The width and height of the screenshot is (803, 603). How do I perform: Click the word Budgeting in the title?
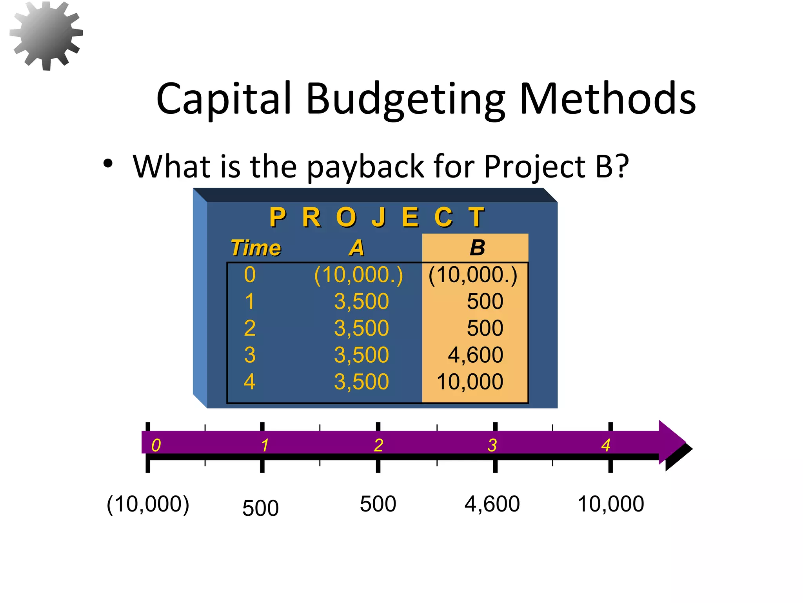pyautogui.click(x=405, y=99)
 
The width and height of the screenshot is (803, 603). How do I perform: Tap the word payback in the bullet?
pyautogui.click(x=365, y=167)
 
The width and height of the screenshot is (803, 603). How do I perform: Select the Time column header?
pyautogui.click(x=256, y=248)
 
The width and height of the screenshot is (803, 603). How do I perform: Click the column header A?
pyautogui.click(x=356, y=248)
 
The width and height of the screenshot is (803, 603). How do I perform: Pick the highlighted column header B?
pyautogui.click(x=477, y=248)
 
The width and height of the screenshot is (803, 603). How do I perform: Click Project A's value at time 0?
pyautogui.click(x=358, y=275)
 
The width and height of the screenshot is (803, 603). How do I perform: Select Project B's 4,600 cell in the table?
pyautogui.click(x=475, y=355)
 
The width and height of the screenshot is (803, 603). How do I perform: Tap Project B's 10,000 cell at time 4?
pyautogui.click(x=470, y=382)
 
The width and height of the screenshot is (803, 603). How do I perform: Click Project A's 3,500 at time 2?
pyautogui.click(x=361, y=328)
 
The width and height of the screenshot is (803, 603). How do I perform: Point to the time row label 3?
pyautogui.click(x=250, y=355)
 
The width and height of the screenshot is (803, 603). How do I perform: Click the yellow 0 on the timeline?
pyautogui.click(x=156, y=446)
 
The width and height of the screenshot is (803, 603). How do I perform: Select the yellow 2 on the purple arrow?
pyautogui.click(x=378, y=446)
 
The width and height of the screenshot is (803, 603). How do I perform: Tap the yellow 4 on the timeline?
pyautogui.click(x=606, y=446)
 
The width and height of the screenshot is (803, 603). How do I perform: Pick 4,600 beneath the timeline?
pyautogui.click(x=492, y=504)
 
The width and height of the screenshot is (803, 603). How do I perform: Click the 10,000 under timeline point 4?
pyautogui.click(x=610, y=504)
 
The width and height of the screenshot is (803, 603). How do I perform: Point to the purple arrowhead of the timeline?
pyautogui.click(x=671, y=442)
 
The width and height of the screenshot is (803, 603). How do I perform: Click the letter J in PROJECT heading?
pyautogui.click(x=379, y=217)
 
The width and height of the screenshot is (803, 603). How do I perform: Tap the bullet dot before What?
pyautogui.click(x=108, y=163)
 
